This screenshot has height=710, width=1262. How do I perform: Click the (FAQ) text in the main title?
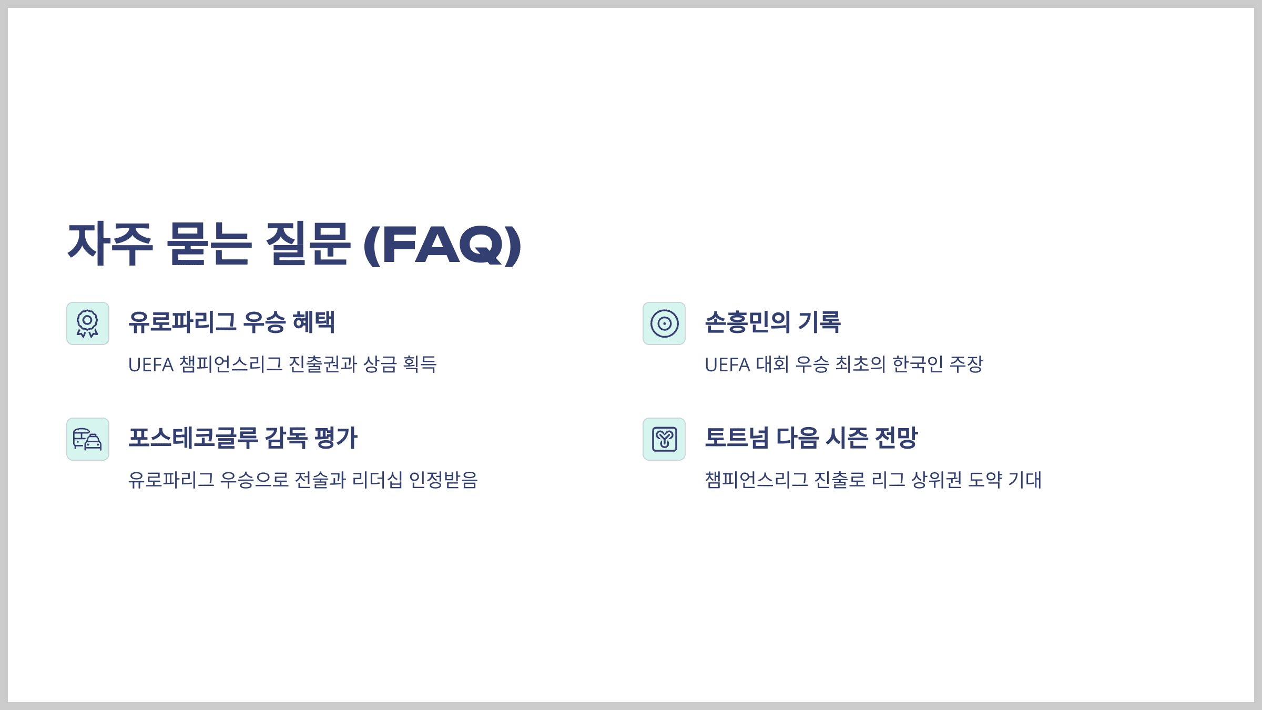point(442,245)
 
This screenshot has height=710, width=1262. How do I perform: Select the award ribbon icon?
point(88,323)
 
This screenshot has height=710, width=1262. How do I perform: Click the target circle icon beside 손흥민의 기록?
point(664,323)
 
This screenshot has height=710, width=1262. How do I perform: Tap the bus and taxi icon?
point(88,439)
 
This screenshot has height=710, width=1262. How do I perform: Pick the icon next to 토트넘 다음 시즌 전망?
point(664,439)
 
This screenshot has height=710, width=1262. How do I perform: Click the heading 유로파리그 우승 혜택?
point(231,322)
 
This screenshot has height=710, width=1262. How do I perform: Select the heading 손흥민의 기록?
point(772,322)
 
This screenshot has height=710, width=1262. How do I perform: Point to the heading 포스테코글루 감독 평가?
point(243,438)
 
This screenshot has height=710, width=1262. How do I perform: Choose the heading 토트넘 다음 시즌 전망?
point(811,438)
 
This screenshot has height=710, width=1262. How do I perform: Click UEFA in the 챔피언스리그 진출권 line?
point(151,364)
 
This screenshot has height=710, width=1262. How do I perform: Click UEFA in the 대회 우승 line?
point(727,364)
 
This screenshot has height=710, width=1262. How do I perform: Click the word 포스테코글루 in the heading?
point(193,438)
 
